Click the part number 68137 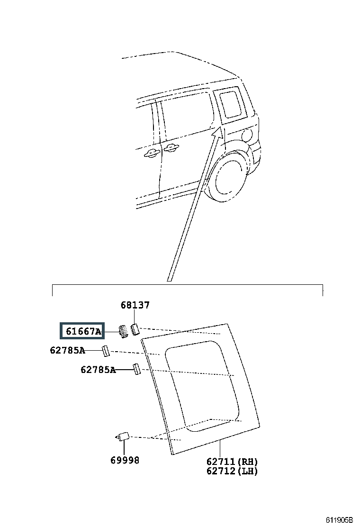tap(135, 305)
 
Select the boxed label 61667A tap(82, 331)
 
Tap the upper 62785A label tap(67, 351)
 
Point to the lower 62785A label tap(98, 370)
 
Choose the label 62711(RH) tap(232, 461)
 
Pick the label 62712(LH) tap(232, 471)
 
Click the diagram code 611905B tap(339, 519)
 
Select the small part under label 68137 tap(135, 329)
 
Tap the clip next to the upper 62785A tap(106, 351)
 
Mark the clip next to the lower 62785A tap(136, 369)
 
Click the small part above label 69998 tap(124, 436)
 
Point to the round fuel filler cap tap(245, 136)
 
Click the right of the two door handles tap(170, 149)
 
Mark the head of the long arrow tap(216, 132)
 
